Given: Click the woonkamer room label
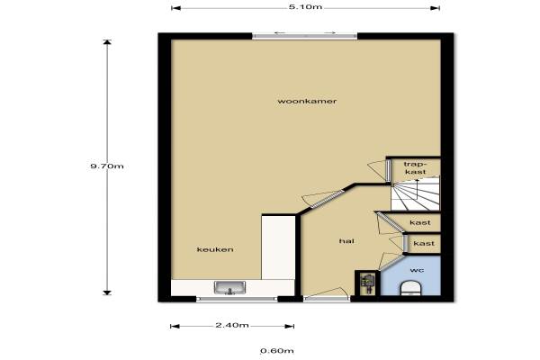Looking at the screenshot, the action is click(307, 102).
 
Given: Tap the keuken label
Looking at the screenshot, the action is click(215, 249).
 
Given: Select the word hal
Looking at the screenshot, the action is click(346, 241).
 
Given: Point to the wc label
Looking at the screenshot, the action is click(417, 270).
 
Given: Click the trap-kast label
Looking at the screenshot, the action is click(415, 167).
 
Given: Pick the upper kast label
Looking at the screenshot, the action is click(420, 223).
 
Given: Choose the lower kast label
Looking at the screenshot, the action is click(424, 244).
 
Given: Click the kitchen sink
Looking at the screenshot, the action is click(229, 288).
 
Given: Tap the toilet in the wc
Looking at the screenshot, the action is click(411, 289).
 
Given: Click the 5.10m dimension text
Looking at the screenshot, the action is click(306, 6).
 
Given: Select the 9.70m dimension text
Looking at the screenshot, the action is click(107, 166).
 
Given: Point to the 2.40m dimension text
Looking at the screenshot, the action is click(232, 325).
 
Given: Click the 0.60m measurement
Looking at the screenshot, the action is click(277, 351).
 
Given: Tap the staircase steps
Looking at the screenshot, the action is click(416, 193).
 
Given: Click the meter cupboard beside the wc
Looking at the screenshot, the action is click(367, 283).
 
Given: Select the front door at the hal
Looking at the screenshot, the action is click(327, 298).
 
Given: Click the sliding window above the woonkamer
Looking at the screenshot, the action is click(305, 35).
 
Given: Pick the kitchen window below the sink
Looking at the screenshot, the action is click(237, 299).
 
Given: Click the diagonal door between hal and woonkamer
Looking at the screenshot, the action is click(328, 199).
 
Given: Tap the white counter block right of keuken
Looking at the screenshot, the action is click(278, 247).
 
